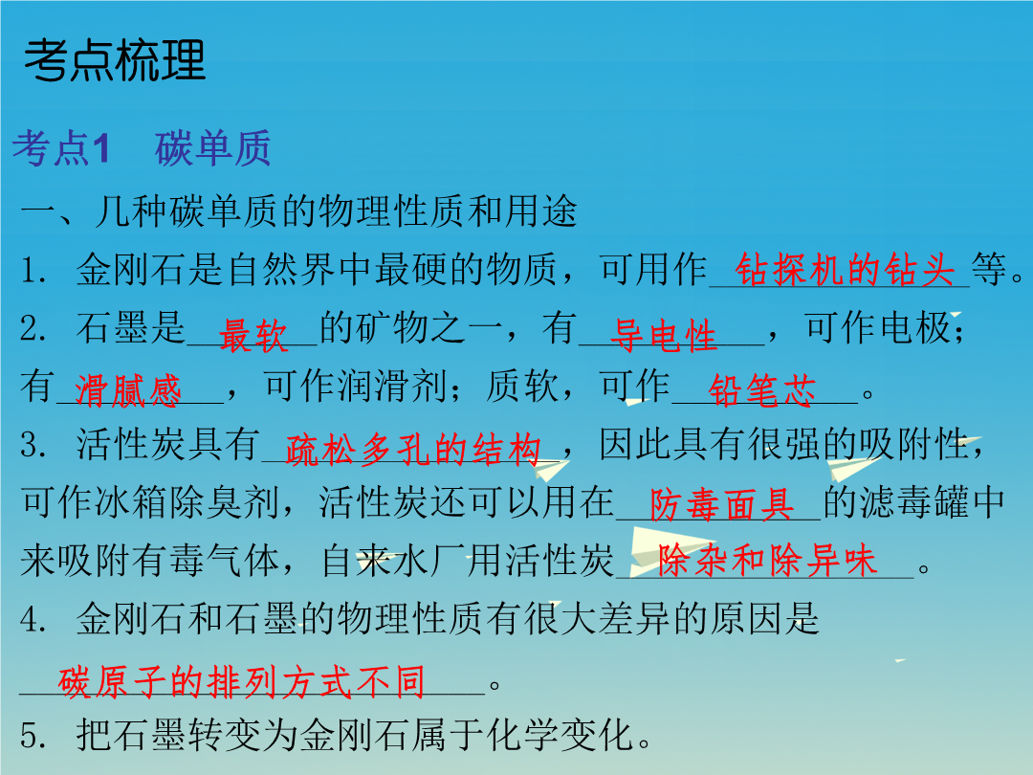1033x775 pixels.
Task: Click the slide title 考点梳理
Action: tap(115, 60)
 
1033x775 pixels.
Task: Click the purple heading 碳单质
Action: tap(212, 147)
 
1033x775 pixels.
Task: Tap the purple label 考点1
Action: tap(60, 147)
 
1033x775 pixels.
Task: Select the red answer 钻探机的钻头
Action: tap(845, 269)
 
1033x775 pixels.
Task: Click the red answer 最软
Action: tap(253, 335)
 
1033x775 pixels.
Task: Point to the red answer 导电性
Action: tap(663, 334)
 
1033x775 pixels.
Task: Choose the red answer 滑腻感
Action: tap(127, 390)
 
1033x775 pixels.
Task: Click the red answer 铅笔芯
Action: tap(762, 390)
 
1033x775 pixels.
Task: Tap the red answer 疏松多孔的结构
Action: tap(413, 450)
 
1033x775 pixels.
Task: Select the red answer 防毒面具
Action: tap(722, 505)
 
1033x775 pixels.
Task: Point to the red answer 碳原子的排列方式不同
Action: tap(241, 681)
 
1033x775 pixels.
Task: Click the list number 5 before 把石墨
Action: tap(33, 735)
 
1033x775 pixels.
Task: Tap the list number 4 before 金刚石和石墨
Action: tap(33, 619)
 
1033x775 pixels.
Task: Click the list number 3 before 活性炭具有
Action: tap(33, 445)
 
